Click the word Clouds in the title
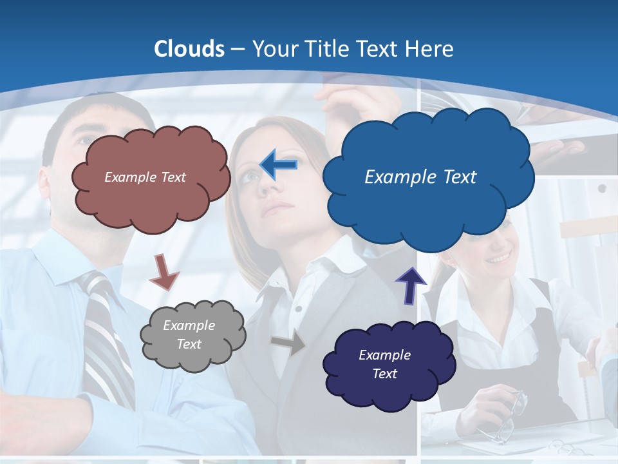click(189, 49)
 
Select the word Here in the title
click(431, 49)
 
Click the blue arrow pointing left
click(279, 165)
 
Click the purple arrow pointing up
click(410, 285)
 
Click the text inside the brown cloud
click(145, 177)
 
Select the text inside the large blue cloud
click(420, 177)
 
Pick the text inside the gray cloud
click(189, 334)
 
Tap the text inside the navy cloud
click(384, 364)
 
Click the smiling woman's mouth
click(498, 259)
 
